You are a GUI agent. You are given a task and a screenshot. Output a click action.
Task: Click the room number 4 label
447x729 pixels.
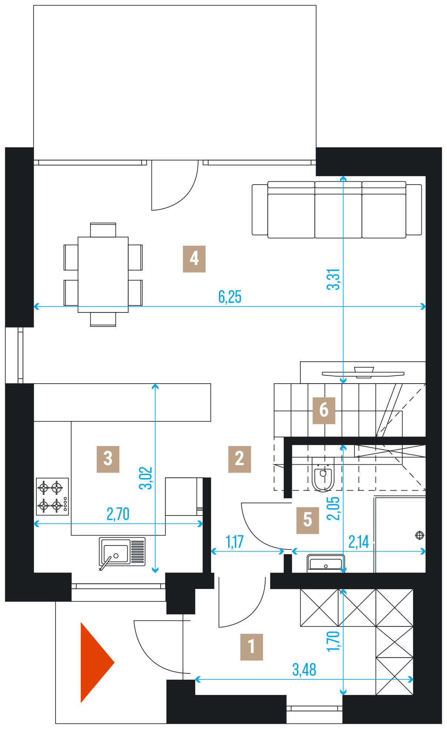point(194,259)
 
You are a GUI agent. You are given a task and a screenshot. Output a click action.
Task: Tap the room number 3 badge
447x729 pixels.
point(108,459)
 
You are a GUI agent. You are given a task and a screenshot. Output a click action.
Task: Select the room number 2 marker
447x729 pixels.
point(240,459)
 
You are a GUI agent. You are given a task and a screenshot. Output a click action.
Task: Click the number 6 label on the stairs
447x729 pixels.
point(324,410)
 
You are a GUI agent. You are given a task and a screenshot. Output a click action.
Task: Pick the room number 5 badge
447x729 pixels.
point(308,520)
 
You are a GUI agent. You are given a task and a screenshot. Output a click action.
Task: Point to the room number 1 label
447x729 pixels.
point(251,647)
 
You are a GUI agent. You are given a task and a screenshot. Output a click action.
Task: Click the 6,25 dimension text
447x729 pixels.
point(230,297)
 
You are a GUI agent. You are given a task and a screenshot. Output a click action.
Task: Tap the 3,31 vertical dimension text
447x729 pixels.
point(333,279)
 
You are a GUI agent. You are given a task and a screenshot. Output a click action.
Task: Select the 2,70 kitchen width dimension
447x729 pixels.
point(118,514)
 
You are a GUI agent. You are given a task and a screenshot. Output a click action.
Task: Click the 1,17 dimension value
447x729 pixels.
point(234,542)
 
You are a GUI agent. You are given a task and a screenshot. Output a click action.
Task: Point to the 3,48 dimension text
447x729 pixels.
point(304,670)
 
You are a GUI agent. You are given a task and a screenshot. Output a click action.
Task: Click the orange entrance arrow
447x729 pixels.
point(97,662)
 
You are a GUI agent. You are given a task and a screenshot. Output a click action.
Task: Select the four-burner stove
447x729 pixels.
point(52,497)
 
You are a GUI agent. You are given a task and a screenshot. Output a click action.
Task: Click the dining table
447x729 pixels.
point(103,275)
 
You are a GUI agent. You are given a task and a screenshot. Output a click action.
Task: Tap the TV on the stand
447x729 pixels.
point(363,373)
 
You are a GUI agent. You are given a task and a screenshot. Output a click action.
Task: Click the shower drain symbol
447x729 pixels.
point(420,535)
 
